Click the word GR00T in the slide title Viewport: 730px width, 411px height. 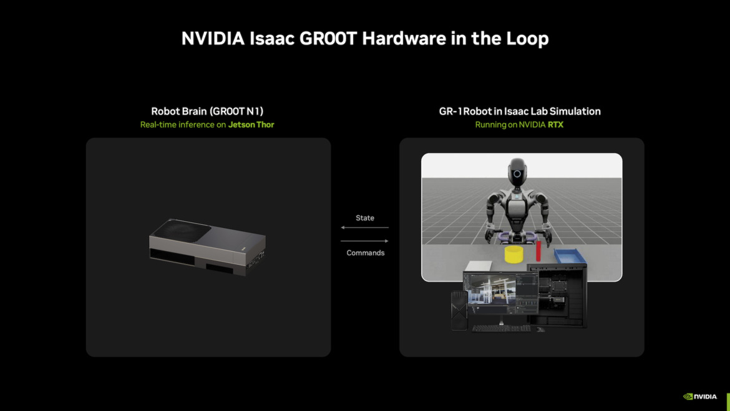tap(328, 39)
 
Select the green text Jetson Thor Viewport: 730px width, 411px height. tap(251, 125)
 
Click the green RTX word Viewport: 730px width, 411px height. tap(555, 125)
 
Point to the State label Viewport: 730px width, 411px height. tap(365, 218)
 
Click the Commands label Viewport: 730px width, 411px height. tap(366, 253)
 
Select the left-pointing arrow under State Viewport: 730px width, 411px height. tap(364, 227)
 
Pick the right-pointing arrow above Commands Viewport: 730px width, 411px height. tap(364, 241)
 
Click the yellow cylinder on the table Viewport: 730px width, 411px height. tap(513, 254)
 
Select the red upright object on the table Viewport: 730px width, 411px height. tap(538, 251)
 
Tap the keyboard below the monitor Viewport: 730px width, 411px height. tap(501, 328)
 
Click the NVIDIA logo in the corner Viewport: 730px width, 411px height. tap(700, 396)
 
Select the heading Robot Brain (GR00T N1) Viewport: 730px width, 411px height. tap(207, 111)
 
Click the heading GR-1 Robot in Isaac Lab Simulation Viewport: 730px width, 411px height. tap(520, 111)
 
